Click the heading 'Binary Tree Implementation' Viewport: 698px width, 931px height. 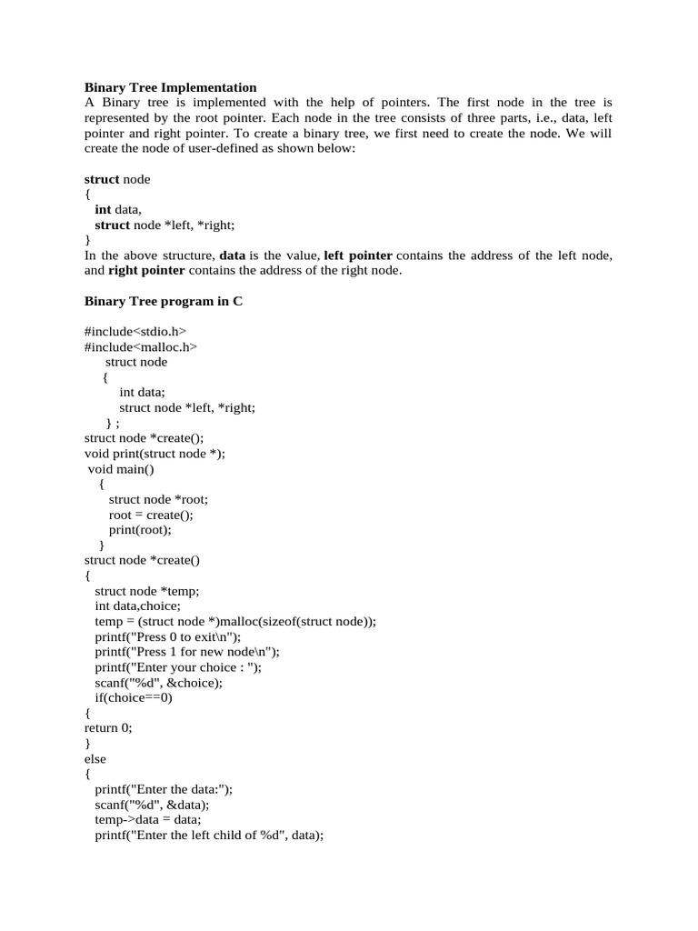[x=171, y=87]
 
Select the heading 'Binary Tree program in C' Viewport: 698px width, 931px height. [x=164, y=301]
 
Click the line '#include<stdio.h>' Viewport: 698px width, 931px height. [x=135, y=331]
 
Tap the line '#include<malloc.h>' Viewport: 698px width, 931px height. [x=141, y=346]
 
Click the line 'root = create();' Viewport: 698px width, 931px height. [x=151, y=515]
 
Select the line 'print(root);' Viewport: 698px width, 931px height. [x=140, y=530]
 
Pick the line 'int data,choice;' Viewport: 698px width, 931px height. [x=138, y=606]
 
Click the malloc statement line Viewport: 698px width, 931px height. [x=235, y=621]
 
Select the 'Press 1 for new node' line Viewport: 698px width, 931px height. [x=187, y=652]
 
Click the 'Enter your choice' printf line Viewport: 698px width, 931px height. [x=178, y=667]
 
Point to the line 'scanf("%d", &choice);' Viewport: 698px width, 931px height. [x=158, y=682]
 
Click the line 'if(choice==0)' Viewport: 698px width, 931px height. [x=134, y=697]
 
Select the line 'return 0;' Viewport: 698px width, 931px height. [x=108, y=727]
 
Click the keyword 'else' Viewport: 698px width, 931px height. [x=95, y=758]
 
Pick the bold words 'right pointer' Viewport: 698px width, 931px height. [x=146, y=271]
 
